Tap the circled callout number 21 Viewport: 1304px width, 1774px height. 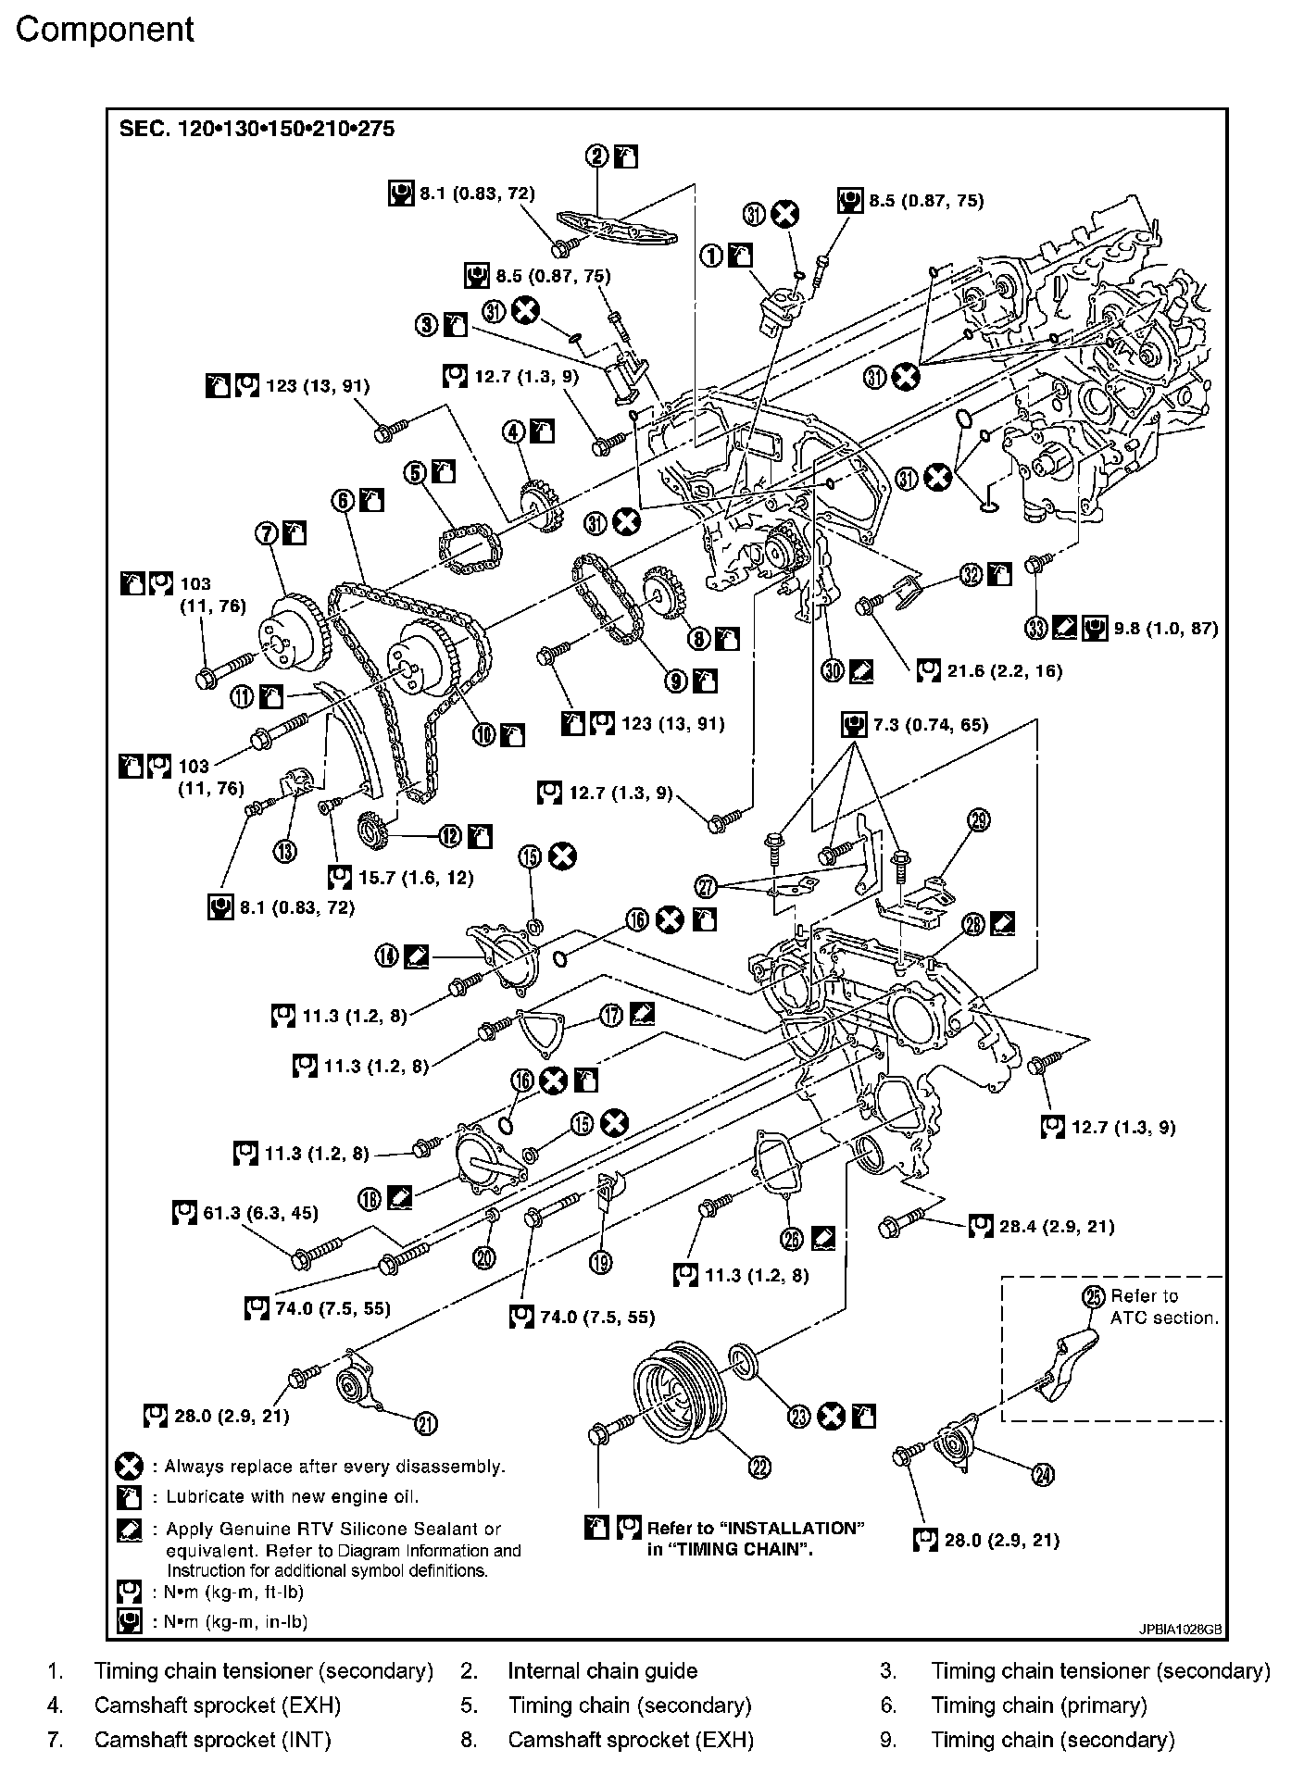[426, 1424]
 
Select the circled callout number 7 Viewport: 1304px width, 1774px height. [268, 533]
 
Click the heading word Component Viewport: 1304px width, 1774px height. [105, 31]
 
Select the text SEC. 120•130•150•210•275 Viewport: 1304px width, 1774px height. [257, 129]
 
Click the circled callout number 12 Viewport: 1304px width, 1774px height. [449, 836]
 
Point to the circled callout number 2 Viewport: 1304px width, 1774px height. [597, 156]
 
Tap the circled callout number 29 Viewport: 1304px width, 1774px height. [979, 818]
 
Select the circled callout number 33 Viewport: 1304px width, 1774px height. [1036, 628]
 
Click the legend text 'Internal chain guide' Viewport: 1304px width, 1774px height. [602, 1671]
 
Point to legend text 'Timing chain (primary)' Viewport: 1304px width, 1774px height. [1038, 1705]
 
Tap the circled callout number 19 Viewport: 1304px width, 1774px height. [600, 1262]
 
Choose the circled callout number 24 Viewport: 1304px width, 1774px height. [1044, 1475]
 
